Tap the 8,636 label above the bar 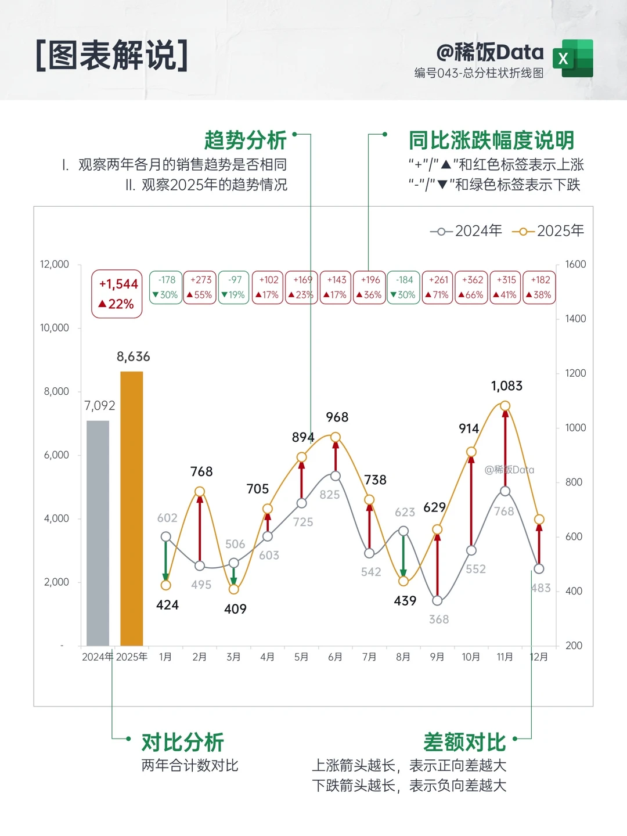pos(134,356)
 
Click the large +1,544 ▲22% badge pos(117,294)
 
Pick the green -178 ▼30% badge pos(166,287)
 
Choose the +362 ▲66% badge pos(471,287)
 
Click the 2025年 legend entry pos(548,231)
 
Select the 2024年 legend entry pos(466,231)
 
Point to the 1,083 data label pos(507,386)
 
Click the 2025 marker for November pos(505,406)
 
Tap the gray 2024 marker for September pos(437,601)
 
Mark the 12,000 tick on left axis pos(55,264)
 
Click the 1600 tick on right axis pos(575,264)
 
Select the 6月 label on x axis pos(335,657)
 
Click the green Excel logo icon pos(573,58)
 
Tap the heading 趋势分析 pos(246,140)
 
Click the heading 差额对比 pos(464,743)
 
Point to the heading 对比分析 pos(183,743)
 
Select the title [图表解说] pos(112,56)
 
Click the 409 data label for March pos(235,609)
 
